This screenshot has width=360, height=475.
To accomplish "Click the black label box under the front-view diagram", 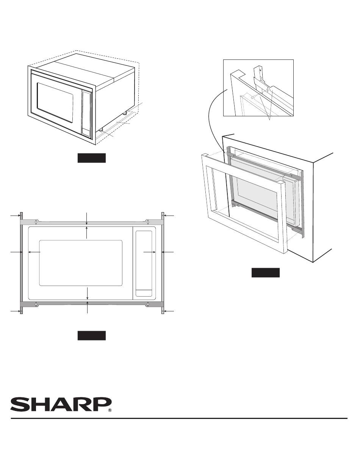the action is pos(92,336).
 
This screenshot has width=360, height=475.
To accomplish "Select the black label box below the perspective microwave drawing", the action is pos(92,158).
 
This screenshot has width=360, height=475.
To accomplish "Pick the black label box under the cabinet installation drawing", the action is pos(265,272).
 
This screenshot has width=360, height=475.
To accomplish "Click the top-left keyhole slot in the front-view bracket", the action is pos(36,222).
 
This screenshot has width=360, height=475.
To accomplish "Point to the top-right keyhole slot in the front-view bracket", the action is pos(147,222).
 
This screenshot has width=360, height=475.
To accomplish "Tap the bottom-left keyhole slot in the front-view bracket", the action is pos(36,304).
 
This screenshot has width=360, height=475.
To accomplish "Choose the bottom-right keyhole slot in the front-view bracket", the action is pos(148,304).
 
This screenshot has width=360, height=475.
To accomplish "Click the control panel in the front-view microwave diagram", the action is pos(144,263).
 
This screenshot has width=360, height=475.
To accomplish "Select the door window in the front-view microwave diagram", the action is pos(81,263).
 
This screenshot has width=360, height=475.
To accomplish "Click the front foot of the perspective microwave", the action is pos(101,130).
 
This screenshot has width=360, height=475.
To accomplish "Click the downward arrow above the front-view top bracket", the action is pos(87,219).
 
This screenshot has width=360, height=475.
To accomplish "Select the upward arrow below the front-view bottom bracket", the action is pos(87,307).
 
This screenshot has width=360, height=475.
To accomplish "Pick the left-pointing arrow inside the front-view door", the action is pos(34,252).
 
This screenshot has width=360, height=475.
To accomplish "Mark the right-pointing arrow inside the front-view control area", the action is pos(150,252).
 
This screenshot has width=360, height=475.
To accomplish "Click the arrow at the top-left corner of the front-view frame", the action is pos(16,216).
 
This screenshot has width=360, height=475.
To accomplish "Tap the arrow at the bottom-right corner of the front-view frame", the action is pos(169,311).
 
